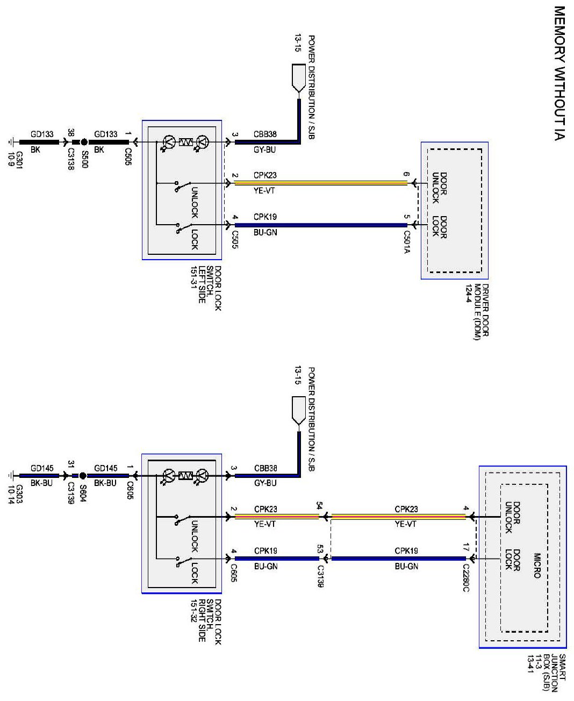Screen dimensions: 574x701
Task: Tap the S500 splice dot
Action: click(84, 142)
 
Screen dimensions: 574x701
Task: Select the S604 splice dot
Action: click(83, 476)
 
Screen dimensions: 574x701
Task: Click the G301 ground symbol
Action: click(10, 142)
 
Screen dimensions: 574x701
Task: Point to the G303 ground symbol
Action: click(10, 476)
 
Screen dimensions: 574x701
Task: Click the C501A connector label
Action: click(407, 242)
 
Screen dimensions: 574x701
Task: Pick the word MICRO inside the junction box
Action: click(537, 566)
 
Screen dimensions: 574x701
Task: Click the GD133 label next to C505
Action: click(106, 134)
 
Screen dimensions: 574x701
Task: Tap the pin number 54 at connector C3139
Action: click(319, 506)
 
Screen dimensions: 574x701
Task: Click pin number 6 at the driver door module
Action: click(406, 174)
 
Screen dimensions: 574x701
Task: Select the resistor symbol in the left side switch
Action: click(185, 142)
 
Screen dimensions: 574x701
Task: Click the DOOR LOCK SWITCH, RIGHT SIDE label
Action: click(206, 621)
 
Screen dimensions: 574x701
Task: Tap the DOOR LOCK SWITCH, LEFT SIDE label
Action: click(206, 288)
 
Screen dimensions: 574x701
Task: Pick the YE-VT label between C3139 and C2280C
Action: click(406, 524)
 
